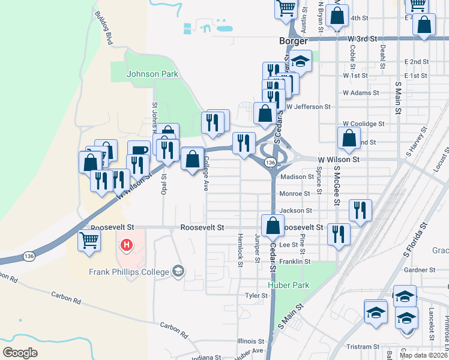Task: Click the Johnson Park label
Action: click(152, 74)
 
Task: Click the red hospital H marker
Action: click(127, 245)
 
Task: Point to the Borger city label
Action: click(294, 41)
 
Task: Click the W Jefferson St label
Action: click(309, 107)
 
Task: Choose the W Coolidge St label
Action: click(363, 124)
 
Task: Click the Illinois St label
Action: click(250, 340)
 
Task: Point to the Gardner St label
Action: click(419, 270)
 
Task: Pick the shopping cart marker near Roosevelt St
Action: click(89, 239)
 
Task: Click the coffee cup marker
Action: click(139, 151)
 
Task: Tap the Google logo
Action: click(20, 353)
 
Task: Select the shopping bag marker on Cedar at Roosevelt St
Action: click(273, 226)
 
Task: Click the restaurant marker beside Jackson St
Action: click(360, 210)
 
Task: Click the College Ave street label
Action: click(205, 173)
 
